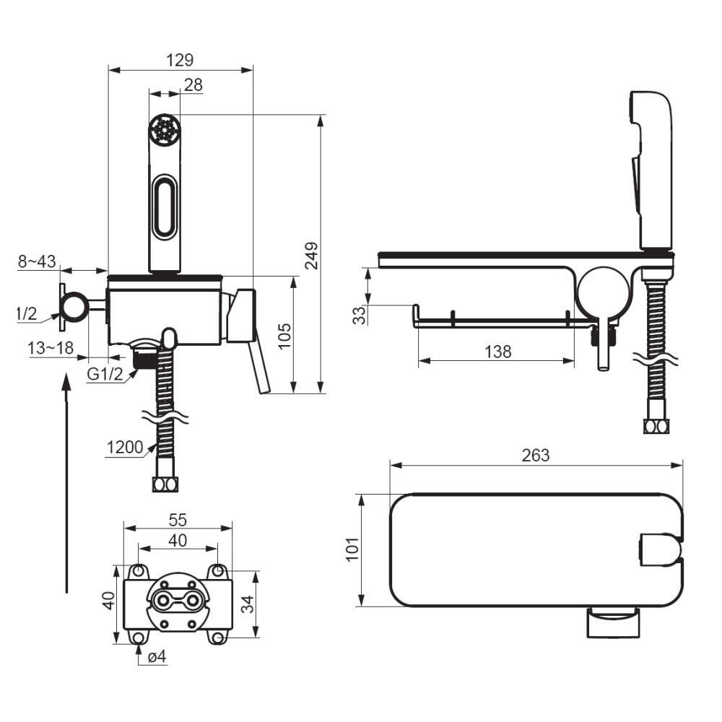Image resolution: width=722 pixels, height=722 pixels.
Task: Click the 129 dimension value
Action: point(180,60)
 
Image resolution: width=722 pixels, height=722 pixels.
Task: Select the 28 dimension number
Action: point(193,84)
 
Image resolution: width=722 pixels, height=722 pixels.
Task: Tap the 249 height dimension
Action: point(312,256)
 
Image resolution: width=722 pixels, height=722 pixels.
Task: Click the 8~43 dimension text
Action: point(37,261)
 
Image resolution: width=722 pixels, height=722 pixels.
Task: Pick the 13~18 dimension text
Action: point(51,348)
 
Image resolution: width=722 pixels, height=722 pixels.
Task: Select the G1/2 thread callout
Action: point(105,374)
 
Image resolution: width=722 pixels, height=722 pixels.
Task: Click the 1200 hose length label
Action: point(125,447)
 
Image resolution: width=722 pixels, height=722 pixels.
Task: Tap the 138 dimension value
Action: point(497,352)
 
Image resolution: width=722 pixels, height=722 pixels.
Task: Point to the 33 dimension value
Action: point(360,316)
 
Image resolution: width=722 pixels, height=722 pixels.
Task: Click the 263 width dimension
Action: point(536,455)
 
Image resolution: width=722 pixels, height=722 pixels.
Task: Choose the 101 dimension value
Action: point(352,549)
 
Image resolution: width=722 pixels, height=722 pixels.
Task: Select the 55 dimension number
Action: point(178,520)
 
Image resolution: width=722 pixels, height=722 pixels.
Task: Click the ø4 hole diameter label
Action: point(157,656)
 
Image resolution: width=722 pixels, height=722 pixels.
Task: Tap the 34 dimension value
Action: point(248,604)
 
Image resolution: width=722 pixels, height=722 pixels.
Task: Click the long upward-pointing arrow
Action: point(66,483)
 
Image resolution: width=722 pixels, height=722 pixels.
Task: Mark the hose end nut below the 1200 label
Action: point(165,485)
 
